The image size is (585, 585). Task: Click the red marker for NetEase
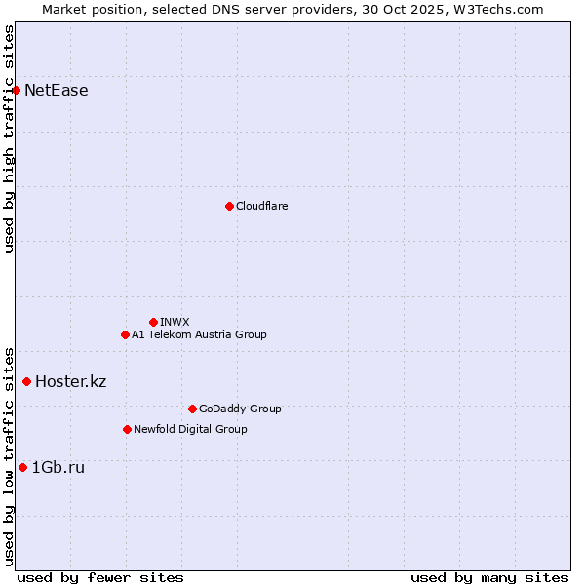(x=16, y=91)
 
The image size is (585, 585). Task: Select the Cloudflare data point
(x=229, y=206)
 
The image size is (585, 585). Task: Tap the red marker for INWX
(x=153, y=322)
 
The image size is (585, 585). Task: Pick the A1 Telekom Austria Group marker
(x=125, y=334)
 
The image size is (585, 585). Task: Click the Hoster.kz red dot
(x=26, y=381)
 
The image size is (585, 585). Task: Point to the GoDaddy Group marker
(x=192, y=409)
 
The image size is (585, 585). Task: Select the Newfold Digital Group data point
(x=127, y=429)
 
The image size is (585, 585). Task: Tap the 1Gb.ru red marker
(x=22, y=468)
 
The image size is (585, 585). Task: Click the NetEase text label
(x=57, y=91)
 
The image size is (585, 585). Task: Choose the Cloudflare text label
(x=262, y=206)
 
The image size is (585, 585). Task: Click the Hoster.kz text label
(x=70, y=381)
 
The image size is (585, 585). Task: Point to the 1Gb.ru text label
(x=58, y=468)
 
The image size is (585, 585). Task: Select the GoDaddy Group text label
(x=240, y=409)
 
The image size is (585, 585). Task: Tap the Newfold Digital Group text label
(x=190, y=429)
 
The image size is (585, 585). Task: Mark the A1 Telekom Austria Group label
(x=199, y=334)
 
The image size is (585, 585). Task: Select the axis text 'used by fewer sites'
(x=100, y=577)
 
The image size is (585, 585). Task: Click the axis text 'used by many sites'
(x=489, y=577)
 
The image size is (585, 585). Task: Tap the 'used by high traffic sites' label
(x=10, y=138)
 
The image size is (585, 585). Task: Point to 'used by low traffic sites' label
(x=10, y=456)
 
